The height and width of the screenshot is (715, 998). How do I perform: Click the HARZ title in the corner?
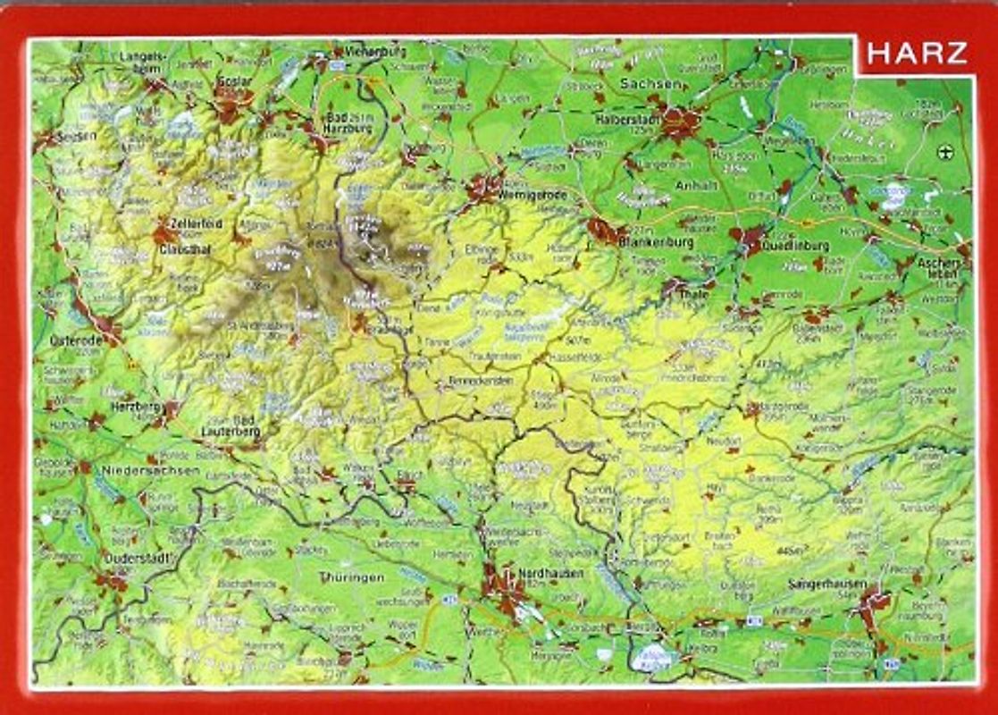point(916,54)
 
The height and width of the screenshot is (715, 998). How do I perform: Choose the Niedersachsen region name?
point(147,469)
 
